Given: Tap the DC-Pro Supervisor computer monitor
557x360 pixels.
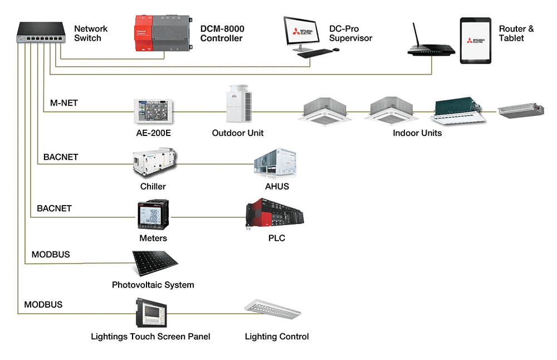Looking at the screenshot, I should coord(304,31).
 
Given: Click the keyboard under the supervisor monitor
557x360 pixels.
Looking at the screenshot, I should coord(314,52).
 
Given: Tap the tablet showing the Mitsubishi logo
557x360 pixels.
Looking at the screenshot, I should coord(475,40).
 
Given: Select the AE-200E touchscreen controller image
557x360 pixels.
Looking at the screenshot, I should coord(153,111).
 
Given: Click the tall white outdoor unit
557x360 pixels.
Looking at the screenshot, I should coord(238,104).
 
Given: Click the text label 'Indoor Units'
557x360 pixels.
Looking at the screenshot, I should coord(417,133).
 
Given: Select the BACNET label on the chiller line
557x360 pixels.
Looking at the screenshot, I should coord(61,157).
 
